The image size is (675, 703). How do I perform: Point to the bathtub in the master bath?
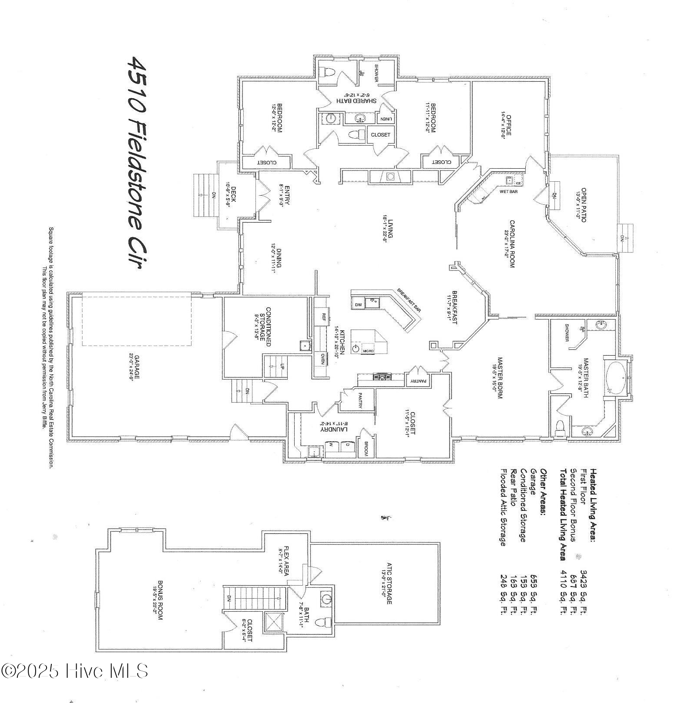(x=615, y=378)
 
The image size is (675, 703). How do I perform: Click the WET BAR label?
(x=508, y=192)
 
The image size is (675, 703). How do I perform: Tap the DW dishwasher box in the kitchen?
(x=358, y=305)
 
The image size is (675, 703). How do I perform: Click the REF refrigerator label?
(x=324, y=316)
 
